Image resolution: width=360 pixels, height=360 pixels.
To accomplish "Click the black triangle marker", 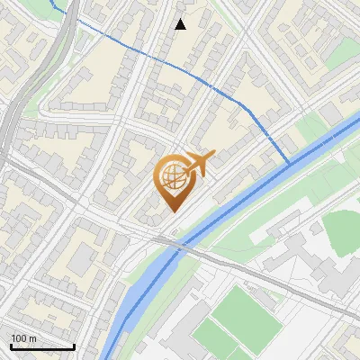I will click(x=180, y=24).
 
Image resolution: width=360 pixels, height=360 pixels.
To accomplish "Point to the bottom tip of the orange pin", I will click(x=172, y=211).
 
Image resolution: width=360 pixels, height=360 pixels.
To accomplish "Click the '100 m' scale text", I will click(x=24, y=338).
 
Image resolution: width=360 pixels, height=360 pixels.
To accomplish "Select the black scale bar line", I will click(x=42, y=346).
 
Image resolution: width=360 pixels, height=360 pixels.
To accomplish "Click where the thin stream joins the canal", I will click(x=288, y=164).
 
